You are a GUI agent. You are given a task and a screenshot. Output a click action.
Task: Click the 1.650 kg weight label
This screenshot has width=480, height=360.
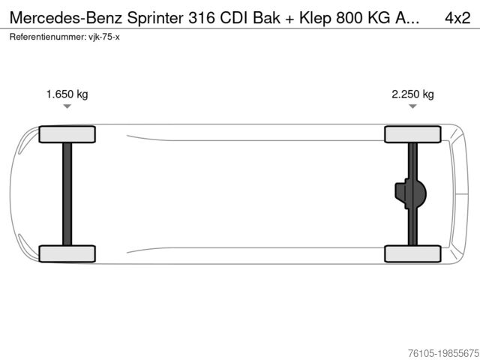(67, 94)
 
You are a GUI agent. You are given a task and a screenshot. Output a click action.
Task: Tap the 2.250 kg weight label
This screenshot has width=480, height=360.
(412, 94)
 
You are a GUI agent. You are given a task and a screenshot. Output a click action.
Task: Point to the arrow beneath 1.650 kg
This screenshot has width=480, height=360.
(67, 107)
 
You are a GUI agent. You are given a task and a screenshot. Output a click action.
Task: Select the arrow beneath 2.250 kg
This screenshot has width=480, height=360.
(412, 107)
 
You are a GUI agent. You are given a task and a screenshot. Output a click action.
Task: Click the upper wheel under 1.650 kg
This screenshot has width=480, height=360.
(67, 134)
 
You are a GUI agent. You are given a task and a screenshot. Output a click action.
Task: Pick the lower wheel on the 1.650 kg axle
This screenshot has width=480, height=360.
(67, 253)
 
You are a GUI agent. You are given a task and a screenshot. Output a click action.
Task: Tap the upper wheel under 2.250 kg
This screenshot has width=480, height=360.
(412, 134)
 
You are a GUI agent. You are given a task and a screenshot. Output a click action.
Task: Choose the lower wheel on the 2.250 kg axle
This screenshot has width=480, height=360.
(412, 253)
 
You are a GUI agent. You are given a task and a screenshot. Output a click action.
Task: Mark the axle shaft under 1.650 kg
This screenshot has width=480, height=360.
(67, 193)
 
